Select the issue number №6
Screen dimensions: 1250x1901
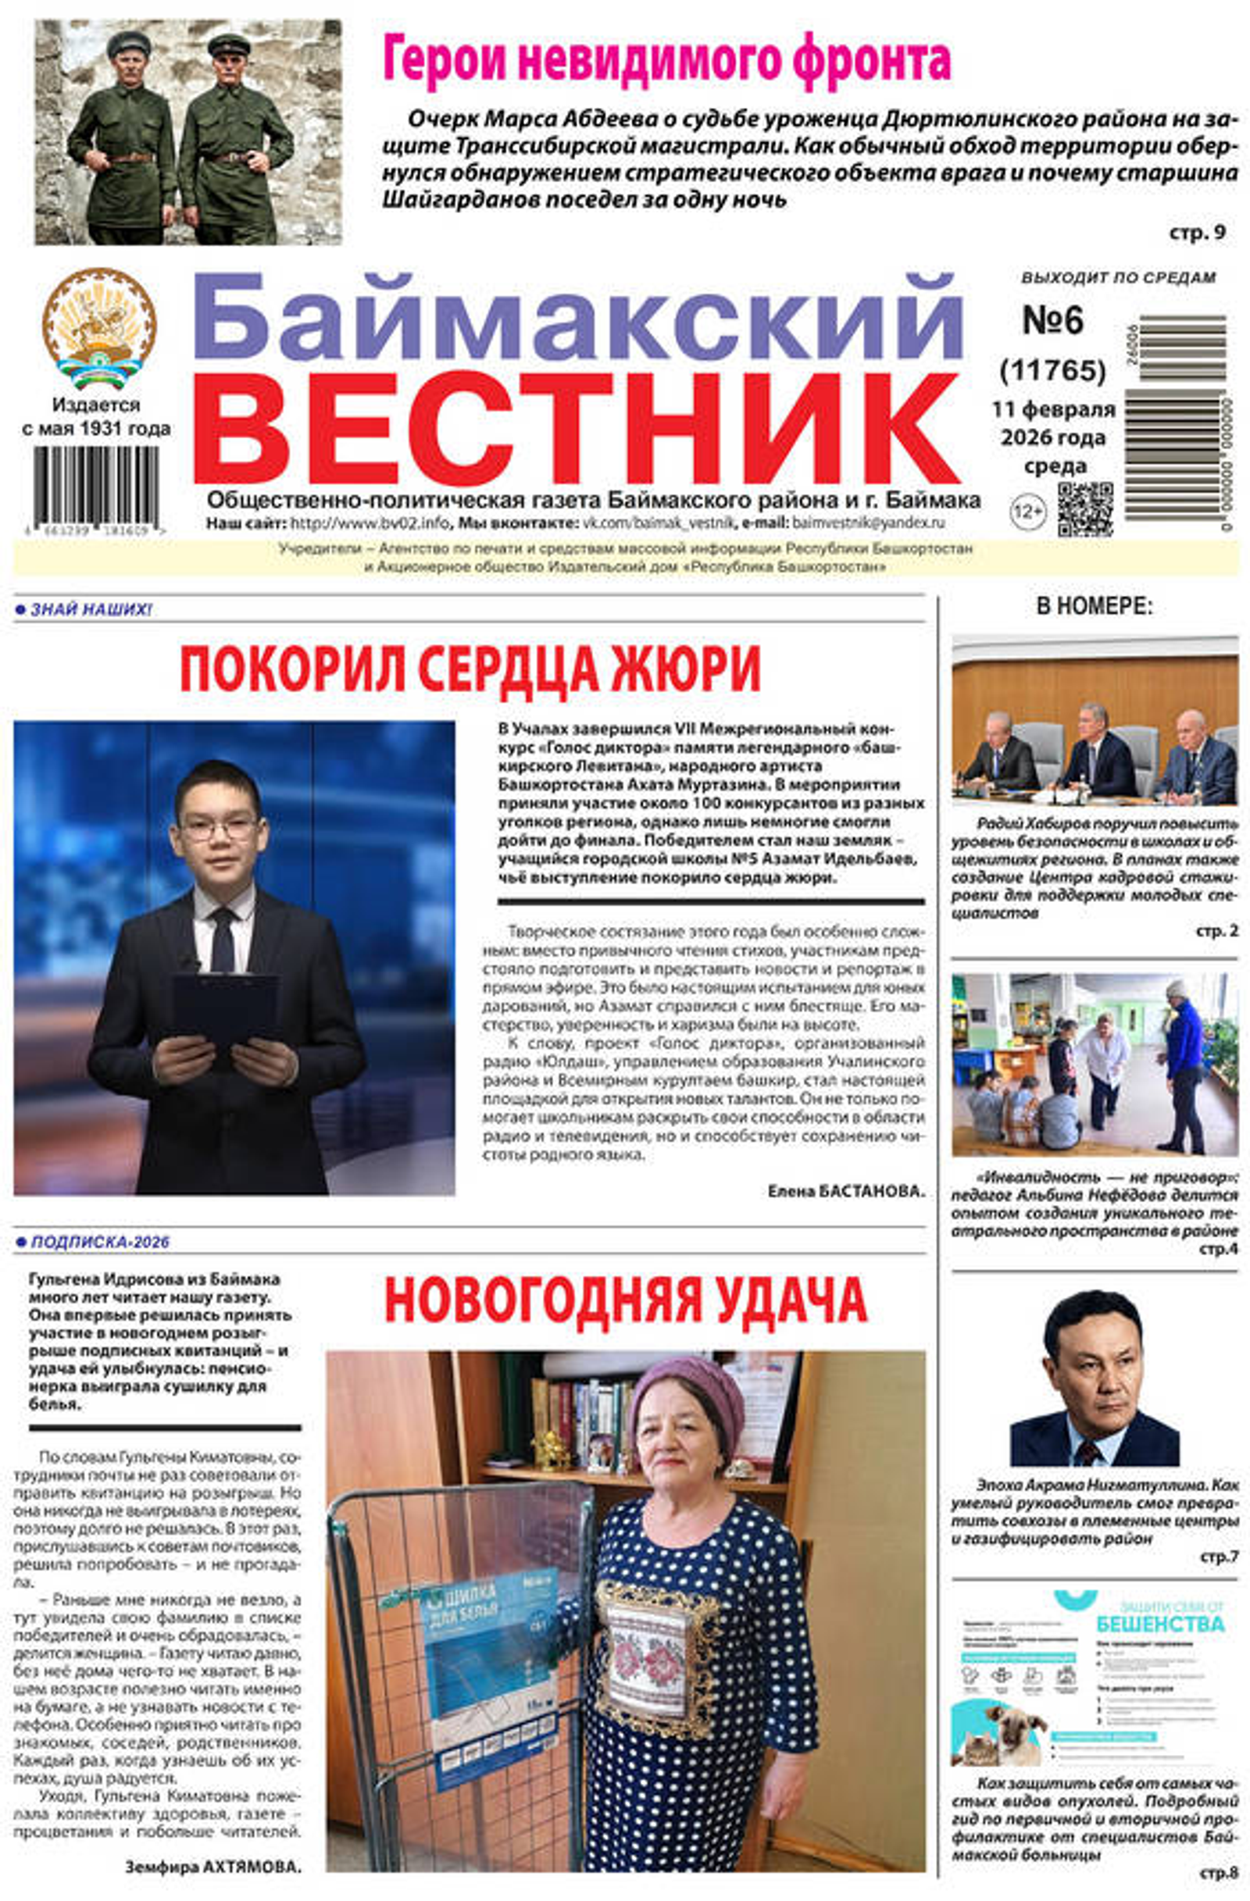tap(1052, 319)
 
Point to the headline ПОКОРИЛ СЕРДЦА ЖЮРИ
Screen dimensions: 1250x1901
tap(470, 669)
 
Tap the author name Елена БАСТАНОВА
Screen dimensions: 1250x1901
tap(845, 1191)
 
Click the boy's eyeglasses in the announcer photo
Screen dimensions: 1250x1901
tap(218, 829)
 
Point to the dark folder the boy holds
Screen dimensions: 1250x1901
tap(225, 1007)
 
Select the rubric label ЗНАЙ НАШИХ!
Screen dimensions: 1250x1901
tap(90, 610)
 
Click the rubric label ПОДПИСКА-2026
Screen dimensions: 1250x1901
tap(99, 1242)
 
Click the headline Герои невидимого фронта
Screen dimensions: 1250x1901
tap(666, 59)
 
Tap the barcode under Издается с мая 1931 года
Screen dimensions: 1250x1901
tap(96, 485)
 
